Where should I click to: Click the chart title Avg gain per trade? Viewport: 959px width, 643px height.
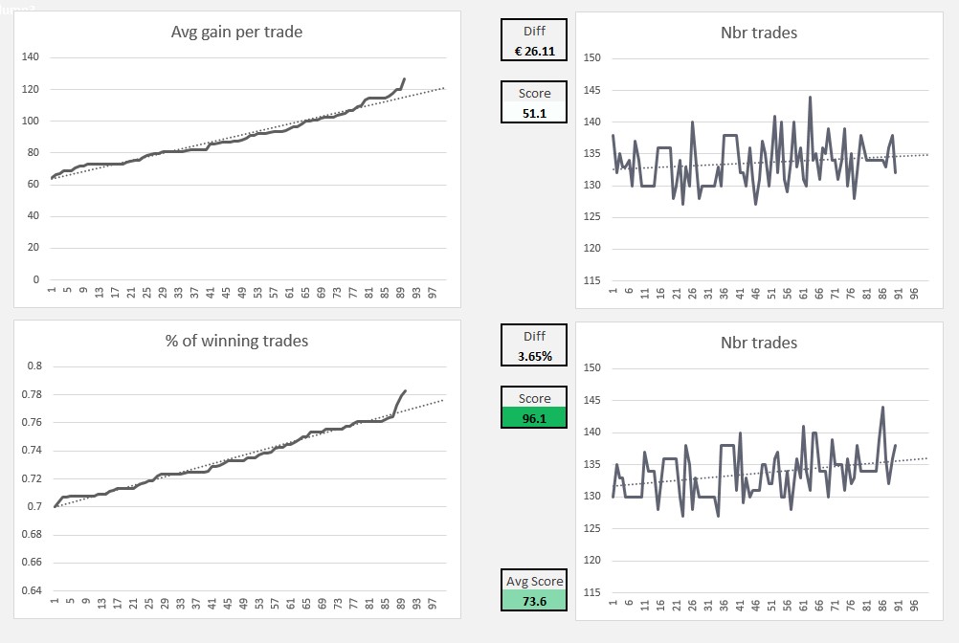tap(236, 33)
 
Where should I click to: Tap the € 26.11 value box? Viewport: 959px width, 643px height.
tap(534, 51)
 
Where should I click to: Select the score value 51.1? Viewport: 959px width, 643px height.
tap(534, 113)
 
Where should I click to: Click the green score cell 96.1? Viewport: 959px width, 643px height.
tap(534, 417)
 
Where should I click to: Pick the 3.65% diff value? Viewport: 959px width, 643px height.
tap(534, 356)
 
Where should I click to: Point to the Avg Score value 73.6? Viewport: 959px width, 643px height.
tap(534, 600)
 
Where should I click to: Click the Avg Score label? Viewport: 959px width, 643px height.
tap(534, 581)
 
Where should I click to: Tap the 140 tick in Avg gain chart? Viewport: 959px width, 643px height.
tap(30, 57)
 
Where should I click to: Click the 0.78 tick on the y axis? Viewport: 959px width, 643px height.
tap(34, 394)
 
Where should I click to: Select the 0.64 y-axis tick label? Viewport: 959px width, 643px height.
tap(34, 590)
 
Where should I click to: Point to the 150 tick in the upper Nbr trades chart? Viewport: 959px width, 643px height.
tap(591, 58)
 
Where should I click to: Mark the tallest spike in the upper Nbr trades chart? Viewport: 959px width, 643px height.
tap(810, 97)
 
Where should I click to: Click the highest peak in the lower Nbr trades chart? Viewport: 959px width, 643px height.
tap(882, 407)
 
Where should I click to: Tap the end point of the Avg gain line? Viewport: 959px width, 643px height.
tap(405, 78)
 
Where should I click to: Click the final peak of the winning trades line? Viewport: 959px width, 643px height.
tap(405, 390)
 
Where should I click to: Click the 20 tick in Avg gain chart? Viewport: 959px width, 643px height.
tap(33, 248)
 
